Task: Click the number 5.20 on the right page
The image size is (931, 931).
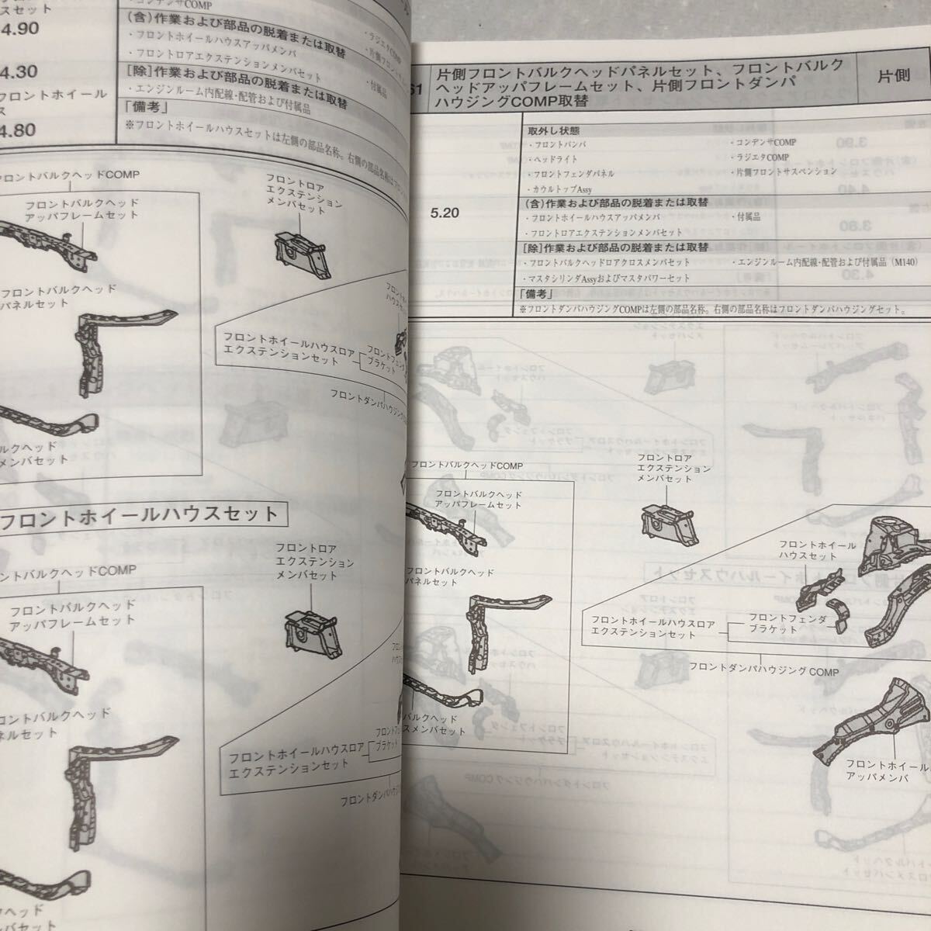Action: point(445,212)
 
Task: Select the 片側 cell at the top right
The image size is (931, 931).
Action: point(893,76)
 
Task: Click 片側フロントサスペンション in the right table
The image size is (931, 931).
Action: point(785,171)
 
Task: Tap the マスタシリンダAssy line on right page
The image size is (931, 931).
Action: point(609,278)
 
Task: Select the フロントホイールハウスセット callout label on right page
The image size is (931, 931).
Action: point(818,551)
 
